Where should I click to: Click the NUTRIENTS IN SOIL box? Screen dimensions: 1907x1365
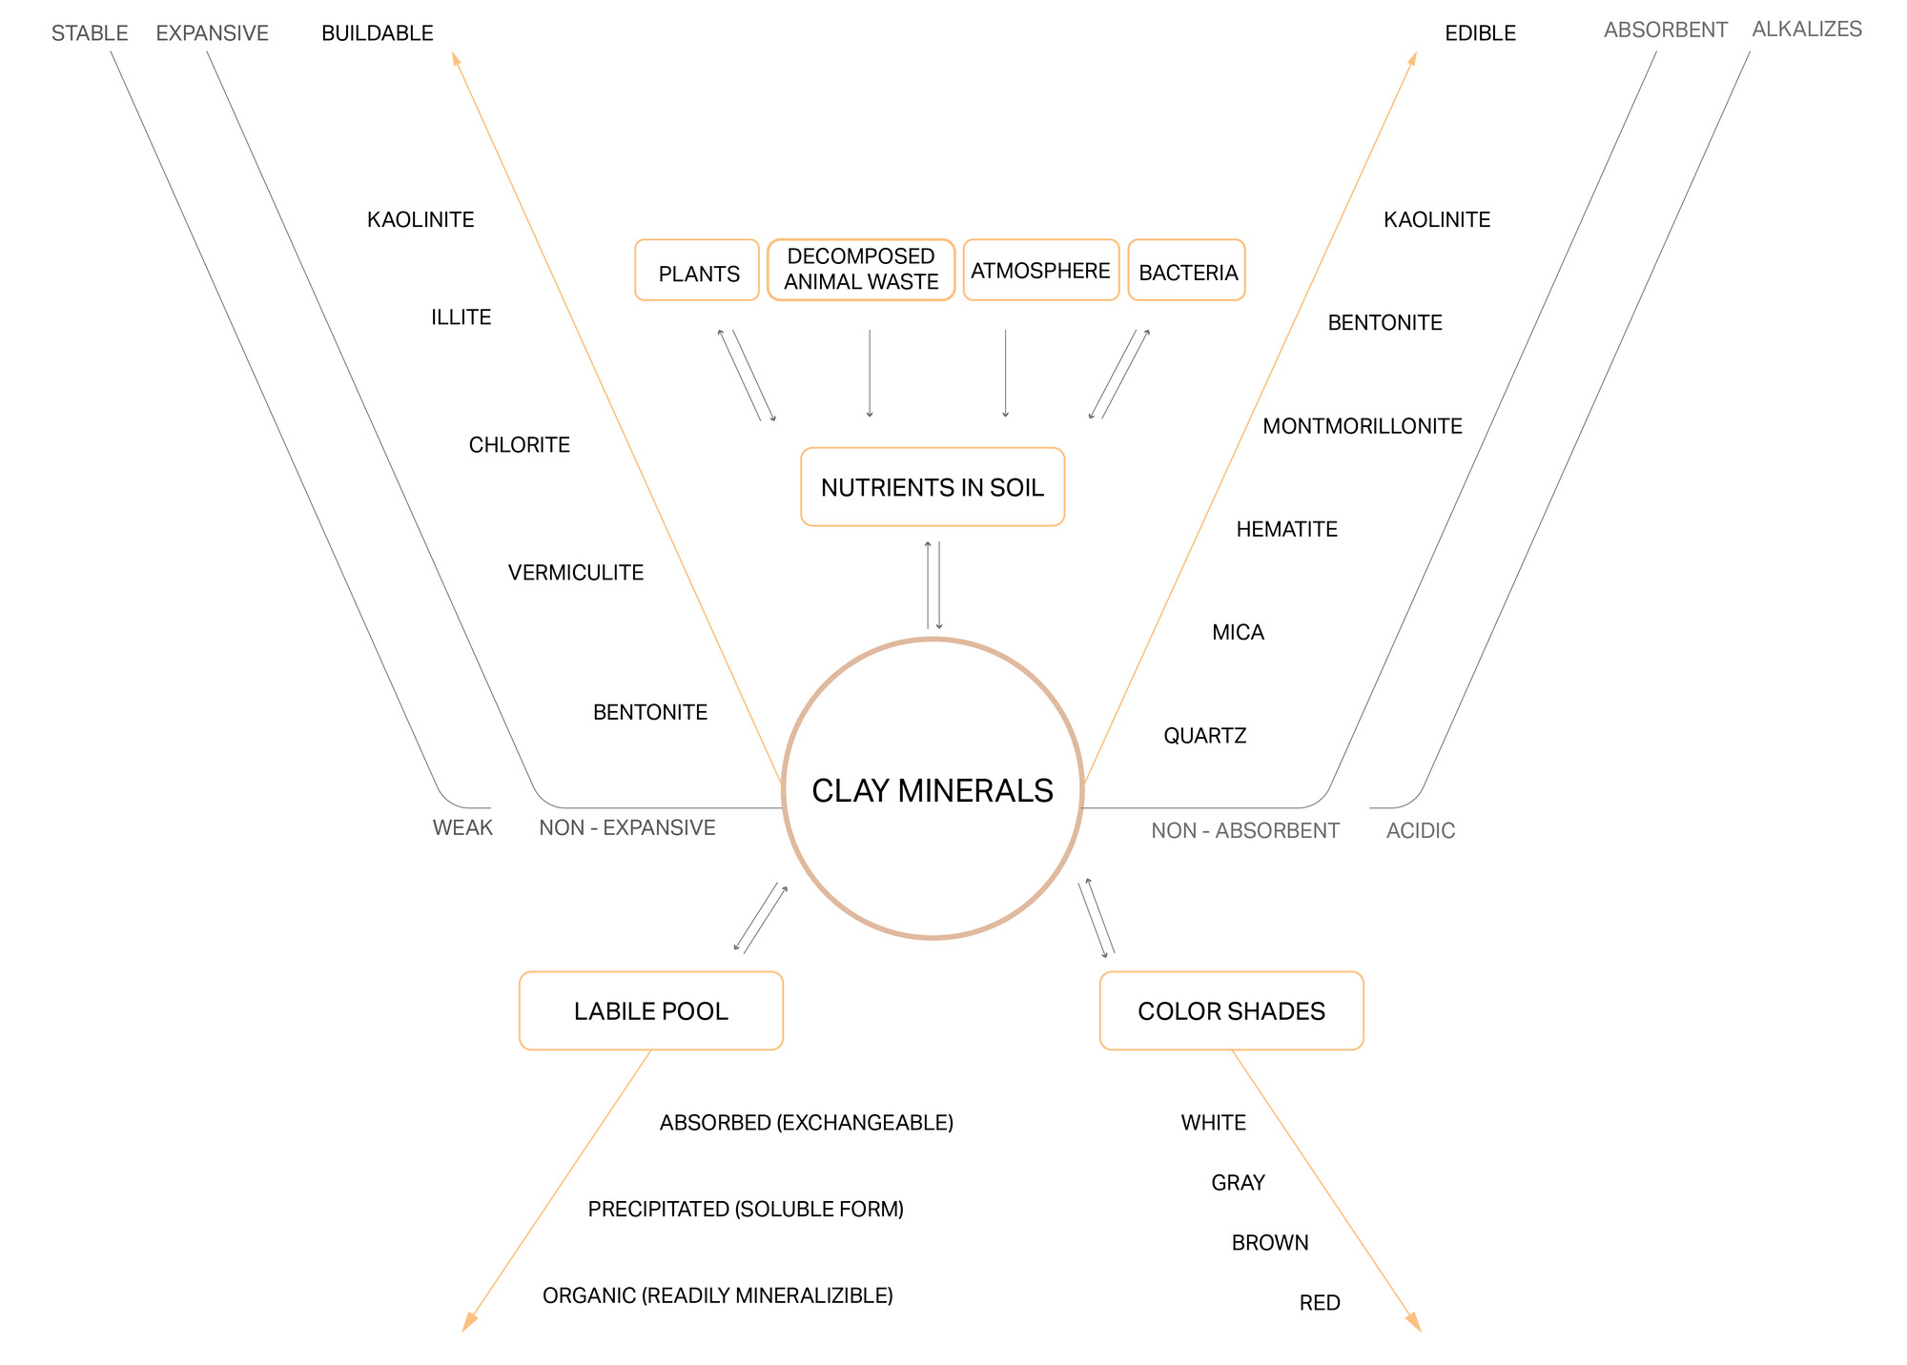933,486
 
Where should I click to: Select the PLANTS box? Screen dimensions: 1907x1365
697,270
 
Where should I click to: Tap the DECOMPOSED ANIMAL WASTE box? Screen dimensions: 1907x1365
861,270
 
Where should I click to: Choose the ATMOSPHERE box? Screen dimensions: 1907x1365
1041,270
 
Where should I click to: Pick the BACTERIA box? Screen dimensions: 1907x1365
1187,270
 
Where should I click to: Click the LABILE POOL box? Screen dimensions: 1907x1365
651,1010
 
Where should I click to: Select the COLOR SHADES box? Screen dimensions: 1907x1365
1232,1010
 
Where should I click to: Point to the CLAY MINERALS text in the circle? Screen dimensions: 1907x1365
933,790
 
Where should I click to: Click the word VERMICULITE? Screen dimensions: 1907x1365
576,573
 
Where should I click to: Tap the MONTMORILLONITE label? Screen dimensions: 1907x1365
1363,426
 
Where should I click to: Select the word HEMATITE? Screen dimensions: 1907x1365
1287,529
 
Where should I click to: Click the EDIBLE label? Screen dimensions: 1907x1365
1481,33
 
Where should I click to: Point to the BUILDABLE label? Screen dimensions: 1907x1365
378,33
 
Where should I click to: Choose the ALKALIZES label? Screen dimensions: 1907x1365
1807,30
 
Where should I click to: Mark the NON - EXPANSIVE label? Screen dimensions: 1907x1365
627,827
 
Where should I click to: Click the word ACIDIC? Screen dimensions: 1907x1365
1421,830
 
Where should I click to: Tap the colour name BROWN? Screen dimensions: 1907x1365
1270,1243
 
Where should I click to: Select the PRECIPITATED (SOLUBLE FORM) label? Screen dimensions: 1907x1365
746,1210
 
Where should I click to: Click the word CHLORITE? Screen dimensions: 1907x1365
520,445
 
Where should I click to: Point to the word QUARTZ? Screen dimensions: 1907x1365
1205,736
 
